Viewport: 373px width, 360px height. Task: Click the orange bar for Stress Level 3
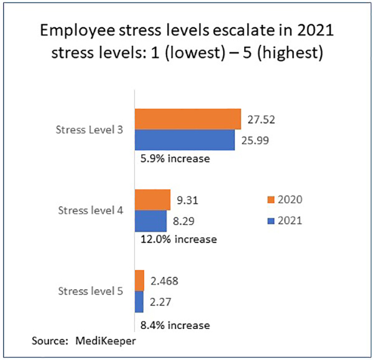pyautogui.click(x=187, y=119)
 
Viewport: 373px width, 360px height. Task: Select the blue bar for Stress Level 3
pyautogui.click(x=185, y=139)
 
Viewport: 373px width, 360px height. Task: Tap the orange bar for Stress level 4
pyautogui.click(x=152, y=200)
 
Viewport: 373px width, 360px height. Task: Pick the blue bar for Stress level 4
pyautogui.click(x=150, y=220)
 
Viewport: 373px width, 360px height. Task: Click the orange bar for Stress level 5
pyautogui.click(x=139, y=280)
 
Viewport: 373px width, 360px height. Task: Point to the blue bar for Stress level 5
pyautogui.click(x=139, y=302)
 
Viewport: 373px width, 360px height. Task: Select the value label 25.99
pyautogui.click(x=256, y=141)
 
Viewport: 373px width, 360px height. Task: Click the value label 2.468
pyautogui.click(x=165, y=281)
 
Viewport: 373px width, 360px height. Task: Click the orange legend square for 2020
pyautogui.click(x=271, y=200)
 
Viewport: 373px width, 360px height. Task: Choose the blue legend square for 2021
pyautogui.click(x=271, y=219)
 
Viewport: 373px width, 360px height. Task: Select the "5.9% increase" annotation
pyautogui.click(x=173, y=159)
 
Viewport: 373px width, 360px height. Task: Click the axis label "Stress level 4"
pyautogui.click(x=90, y=210)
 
